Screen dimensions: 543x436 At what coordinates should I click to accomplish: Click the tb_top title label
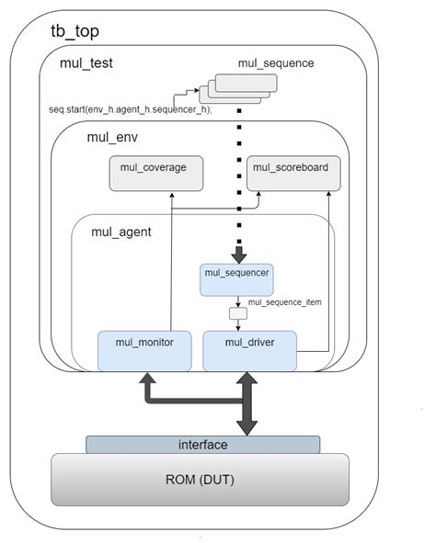pos(75,31)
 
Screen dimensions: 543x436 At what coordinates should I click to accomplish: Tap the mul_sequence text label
pos(276,63)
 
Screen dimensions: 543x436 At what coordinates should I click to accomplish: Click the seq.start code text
pos(130,109)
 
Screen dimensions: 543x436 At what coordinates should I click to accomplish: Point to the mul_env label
pos(111,138)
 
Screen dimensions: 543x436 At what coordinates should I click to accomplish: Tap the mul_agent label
pos(120,232)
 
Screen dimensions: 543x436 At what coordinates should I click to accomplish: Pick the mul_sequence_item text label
pos(284,301)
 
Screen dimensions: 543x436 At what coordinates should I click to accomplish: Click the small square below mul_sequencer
pos(238,313)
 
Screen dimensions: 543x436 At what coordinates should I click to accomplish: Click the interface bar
pos(202,445)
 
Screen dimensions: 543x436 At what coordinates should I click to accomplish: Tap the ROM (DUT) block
pos(201,479)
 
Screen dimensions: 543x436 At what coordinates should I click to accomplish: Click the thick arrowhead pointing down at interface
pos(247,425)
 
